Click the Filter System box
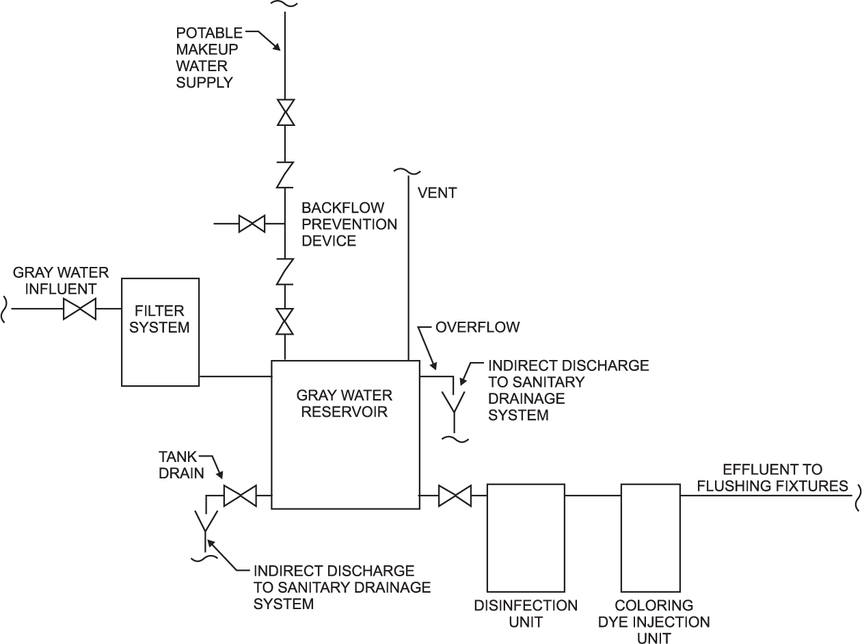160,331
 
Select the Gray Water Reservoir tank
345,435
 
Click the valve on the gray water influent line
79,309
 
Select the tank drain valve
240,495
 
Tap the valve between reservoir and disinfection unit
454,495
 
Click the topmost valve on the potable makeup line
285,112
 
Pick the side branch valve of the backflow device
252,223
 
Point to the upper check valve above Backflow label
285,175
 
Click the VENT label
436,194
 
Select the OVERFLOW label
478,327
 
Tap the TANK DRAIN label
181,463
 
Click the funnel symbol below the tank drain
204,522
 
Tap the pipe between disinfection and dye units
593,495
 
